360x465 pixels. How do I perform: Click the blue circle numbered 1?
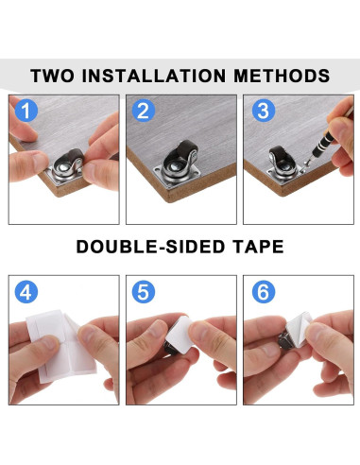pyautogui.click(x=26, y=111)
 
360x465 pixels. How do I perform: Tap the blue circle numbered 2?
pyautogui.click(x=144, y=111)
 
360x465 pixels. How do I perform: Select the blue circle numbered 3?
pyautogui.click(x=264, y=111)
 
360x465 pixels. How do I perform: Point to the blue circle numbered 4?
pyautogui.click(x=26, y=292)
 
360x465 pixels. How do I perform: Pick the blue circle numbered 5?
pyautogui.click(x=144, y=292)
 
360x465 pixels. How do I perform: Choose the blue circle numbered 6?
pyautogui.click(x=264, y=292)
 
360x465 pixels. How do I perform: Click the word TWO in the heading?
pyautogui.click(x=53, y=76)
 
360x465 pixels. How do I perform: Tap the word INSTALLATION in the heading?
pyautogui.click(x=154, y=76)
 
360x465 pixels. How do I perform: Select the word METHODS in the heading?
pyautogui.click(x=282, y=76)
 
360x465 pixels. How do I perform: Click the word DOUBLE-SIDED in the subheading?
pyautogui.click(x=151, y=247)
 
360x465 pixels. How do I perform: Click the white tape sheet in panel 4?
pyautogui.click(x=60, y=346)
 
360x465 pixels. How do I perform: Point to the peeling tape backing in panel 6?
pyautogui.click(x=299, y=329)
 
